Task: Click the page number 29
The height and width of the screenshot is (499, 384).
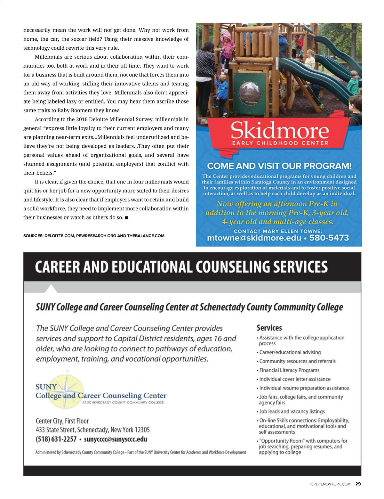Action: [358, 484]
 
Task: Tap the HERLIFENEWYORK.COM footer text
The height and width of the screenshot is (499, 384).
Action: [329, 484]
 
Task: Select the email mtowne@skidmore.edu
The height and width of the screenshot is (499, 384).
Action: [254, 238]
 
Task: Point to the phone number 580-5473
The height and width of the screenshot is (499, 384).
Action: [329, 238]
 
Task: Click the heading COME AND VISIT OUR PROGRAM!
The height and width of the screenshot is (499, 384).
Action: [279, 166]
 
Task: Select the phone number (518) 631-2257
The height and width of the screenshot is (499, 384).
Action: [56, 439]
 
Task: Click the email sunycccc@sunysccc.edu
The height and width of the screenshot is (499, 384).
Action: [116, 439]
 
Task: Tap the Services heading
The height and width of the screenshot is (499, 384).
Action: [269, 328]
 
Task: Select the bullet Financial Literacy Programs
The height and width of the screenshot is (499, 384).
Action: [289, 370]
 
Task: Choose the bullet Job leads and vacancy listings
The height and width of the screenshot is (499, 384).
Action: [292, 412]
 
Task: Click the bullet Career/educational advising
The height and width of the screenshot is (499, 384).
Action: [290, 352]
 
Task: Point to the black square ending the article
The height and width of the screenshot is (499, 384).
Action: [127, 218]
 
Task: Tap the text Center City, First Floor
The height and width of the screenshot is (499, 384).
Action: [62, 421]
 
